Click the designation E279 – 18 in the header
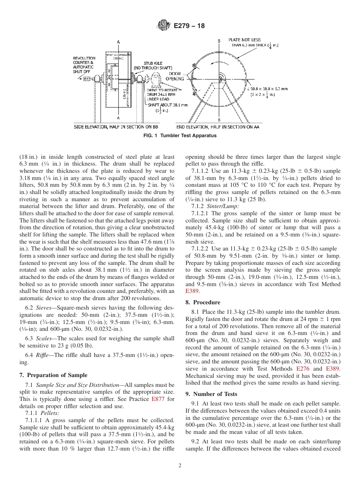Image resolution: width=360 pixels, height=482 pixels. point(189,26)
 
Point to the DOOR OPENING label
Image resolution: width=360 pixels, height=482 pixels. point(175,77)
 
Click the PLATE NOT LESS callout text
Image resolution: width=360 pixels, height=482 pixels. point(244,40)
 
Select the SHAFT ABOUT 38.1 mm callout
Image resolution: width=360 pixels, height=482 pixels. point(167,105)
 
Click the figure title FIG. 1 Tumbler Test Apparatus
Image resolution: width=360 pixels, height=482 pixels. point(180,136)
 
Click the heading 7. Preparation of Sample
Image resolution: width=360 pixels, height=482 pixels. point(53,375)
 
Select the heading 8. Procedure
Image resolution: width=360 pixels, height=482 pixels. point(203,302)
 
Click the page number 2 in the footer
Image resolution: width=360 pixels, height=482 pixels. point(180,466)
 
